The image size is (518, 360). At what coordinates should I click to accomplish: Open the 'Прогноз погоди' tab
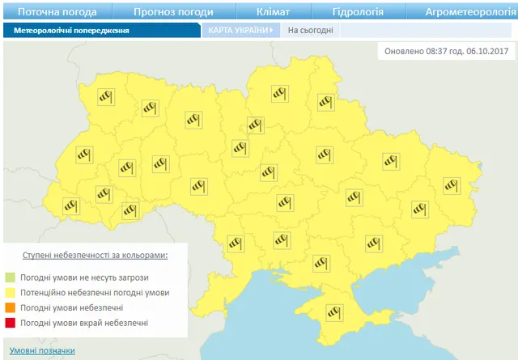[x=173, y=12]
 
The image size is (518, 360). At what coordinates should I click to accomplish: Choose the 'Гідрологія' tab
[x=358, y=12]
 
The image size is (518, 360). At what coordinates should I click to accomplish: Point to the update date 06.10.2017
[x=483, y=51]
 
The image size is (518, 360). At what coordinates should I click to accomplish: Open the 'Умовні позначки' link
[x=42, y=350]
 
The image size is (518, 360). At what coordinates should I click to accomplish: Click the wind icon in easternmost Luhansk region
[x=452, y=185]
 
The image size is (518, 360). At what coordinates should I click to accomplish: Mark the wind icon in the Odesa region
[x=236, y=244]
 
